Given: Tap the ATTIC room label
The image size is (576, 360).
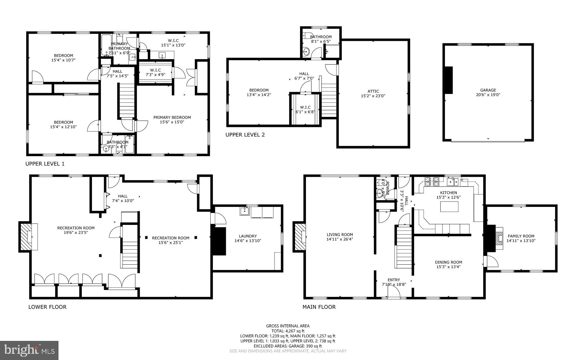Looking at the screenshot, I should (373, 91).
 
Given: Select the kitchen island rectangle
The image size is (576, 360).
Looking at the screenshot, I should (449, 207).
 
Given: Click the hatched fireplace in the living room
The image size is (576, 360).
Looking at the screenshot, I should (300, 237).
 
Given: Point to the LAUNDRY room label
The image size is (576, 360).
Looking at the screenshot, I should (247, 236).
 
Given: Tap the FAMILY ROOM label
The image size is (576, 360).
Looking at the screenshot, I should (521, 236).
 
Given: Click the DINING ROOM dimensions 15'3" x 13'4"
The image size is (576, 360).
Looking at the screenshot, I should (448, 267).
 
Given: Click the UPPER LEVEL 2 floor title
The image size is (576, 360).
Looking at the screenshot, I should (245, 135).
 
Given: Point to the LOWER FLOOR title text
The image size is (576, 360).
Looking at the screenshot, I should (47, 307).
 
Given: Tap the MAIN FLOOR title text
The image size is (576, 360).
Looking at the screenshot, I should (319, 307).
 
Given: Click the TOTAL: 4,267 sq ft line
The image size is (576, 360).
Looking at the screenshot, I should (288, 331).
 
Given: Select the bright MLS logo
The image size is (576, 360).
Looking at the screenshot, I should (29, 350).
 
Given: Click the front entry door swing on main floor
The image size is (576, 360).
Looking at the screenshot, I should (394, 293).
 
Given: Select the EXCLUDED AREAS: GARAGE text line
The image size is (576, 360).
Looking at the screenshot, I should (288, 346).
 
